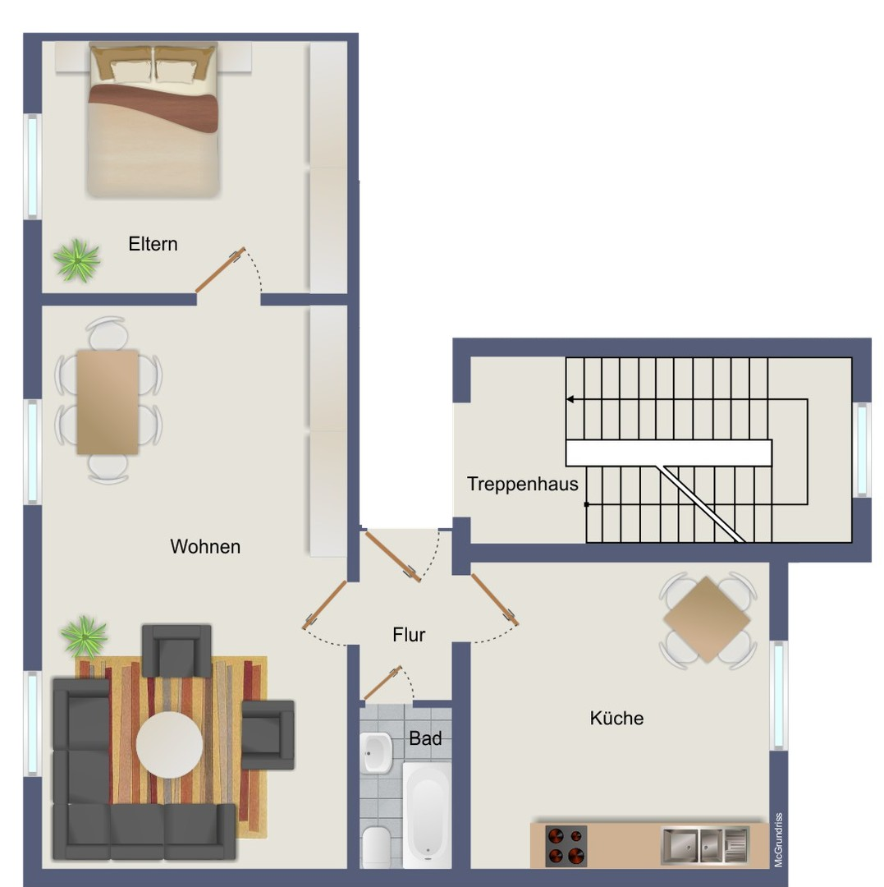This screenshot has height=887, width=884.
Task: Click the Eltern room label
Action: (153, 244)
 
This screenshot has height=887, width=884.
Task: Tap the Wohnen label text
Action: (205, 546)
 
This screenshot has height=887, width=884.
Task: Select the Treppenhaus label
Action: (522, 485)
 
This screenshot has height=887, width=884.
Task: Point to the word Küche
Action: (616, 718)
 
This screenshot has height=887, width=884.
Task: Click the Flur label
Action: (409, 635)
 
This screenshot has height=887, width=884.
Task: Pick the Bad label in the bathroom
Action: (425, 738)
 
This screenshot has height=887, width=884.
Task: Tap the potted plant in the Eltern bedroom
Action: (77, 260)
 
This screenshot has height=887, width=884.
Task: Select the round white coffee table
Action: (169, 744)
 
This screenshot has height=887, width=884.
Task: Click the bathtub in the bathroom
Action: (428, 815)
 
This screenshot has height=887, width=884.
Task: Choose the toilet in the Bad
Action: (376, 847)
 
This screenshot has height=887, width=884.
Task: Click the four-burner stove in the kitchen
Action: (566, 846)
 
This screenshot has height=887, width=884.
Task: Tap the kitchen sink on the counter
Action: (705, 846)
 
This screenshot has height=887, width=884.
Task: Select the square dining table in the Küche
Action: (707, 619)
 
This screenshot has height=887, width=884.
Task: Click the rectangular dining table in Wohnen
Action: (108, 402)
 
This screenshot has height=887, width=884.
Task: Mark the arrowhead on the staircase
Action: (570, 399)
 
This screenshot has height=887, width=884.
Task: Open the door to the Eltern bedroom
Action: (221, 270)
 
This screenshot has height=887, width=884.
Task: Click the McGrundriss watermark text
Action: (778, 840)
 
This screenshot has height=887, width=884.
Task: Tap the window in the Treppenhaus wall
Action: (863, 450)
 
